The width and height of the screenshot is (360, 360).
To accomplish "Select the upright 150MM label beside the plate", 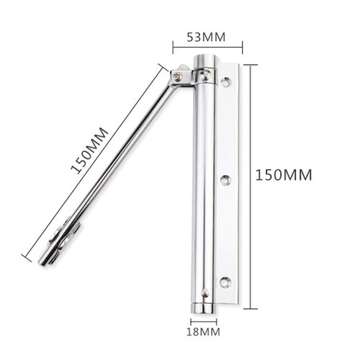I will click(x=285, y=175).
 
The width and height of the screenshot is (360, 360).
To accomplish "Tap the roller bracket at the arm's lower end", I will click(x=63, y=238).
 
